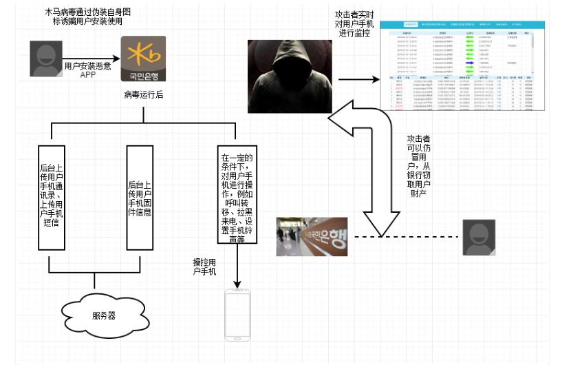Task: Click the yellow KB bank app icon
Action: [x=143, y=60]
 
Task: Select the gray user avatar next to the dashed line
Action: [x=480, y=238]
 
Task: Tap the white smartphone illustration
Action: [x=237, y=314]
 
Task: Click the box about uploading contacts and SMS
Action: [x=52, y=198]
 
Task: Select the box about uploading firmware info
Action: [x=140, y=198]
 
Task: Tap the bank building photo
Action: [x=312, y=237]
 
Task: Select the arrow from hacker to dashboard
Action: [x=358, y=81]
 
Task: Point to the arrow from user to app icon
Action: [x=89, y=59]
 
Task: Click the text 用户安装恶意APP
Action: [x=87, y=71]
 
